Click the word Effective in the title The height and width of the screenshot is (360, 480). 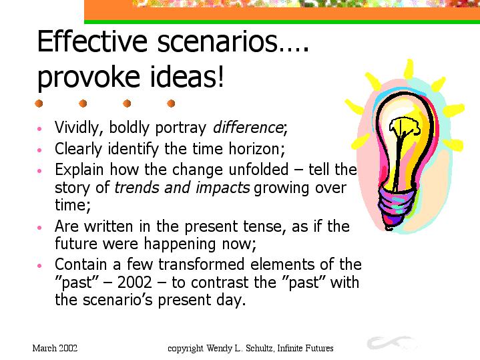[92, 41]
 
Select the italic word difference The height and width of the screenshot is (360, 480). [248, 128]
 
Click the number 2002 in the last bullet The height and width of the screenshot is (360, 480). [135, 282]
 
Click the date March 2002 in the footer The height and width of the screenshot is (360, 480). [55, 348]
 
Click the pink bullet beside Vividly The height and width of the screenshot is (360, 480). [39, 129]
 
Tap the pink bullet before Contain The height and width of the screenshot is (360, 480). [39, 266]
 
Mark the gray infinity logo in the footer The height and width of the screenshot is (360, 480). [391, 343]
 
